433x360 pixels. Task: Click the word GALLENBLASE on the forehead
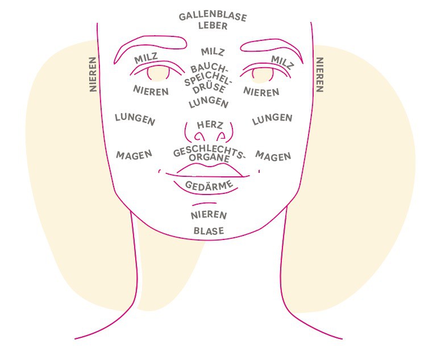coord(213,16)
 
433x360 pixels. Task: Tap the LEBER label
coord(213,26)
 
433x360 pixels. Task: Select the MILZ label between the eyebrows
coord(213,52)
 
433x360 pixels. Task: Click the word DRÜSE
coord(209,88)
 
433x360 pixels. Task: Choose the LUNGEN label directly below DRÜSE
coord(209,102)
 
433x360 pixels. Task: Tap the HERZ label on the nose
coord(210,125)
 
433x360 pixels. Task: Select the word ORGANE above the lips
coord(209,158)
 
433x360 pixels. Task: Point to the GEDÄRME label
coord(209,185)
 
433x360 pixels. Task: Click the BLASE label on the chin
coord(209,231)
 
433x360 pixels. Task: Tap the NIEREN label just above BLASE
coord(209,215)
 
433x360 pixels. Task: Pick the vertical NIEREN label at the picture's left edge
coord(93,75)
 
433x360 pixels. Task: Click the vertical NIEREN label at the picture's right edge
coord(319,75)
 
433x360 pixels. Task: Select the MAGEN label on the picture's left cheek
coord(134,155)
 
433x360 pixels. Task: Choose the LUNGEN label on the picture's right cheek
coord(272,119)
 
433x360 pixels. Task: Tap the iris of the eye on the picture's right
coord(263,75)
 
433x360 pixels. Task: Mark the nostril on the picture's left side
coord(199,136)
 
